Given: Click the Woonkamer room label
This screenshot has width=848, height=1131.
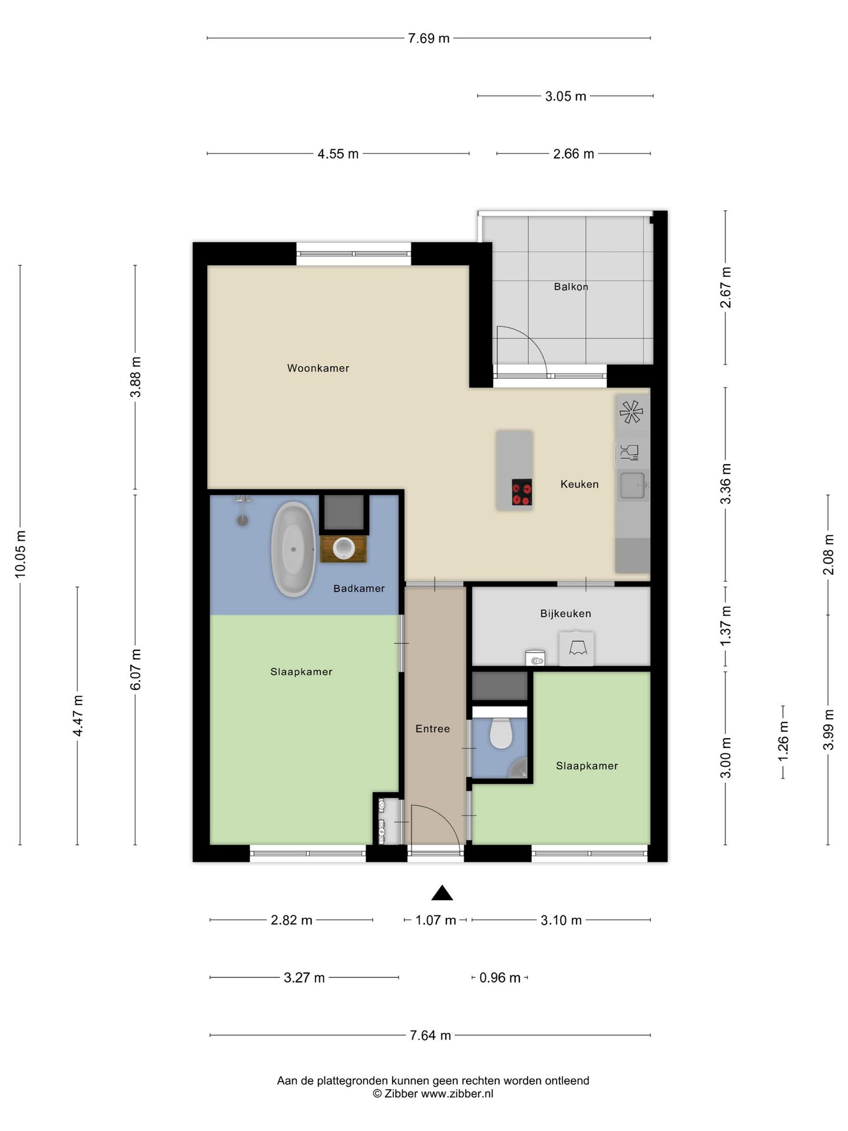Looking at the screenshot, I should [318, 368].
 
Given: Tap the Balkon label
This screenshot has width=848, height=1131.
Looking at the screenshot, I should [571, 287].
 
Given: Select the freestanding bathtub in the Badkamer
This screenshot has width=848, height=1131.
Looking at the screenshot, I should [293, 549].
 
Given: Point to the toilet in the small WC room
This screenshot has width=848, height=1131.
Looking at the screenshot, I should [501, 733].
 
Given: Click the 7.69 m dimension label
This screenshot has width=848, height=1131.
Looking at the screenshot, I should [429, 38].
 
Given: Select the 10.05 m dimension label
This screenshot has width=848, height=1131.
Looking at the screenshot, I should [20, 553].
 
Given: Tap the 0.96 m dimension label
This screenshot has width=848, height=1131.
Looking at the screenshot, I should [499, 978].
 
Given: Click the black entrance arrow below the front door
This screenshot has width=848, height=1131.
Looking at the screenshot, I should [442, 894].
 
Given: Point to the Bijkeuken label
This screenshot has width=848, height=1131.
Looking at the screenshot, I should [565, 613].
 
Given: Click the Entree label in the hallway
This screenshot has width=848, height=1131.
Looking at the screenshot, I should [432, 729].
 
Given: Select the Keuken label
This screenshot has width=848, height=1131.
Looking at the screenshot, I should [579, 484].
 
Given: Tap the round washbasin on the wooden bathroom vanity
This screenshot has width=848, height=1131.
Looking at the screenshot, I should [343, 548].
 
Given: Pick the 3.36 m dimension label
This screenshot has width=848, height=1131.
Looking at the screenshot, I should [726, 484].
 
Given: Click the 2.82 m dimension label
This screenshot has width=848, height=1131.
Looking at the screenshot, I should [291, 920].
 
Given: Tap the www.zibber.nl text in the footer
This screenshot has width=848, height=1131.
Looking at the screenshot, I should [457, 1094].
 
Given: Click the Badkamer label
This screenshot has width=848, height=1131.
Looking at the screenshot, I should [359, 588].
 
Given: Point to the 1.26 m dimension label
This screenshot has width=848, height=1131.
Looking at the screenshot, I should [783, 740].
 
